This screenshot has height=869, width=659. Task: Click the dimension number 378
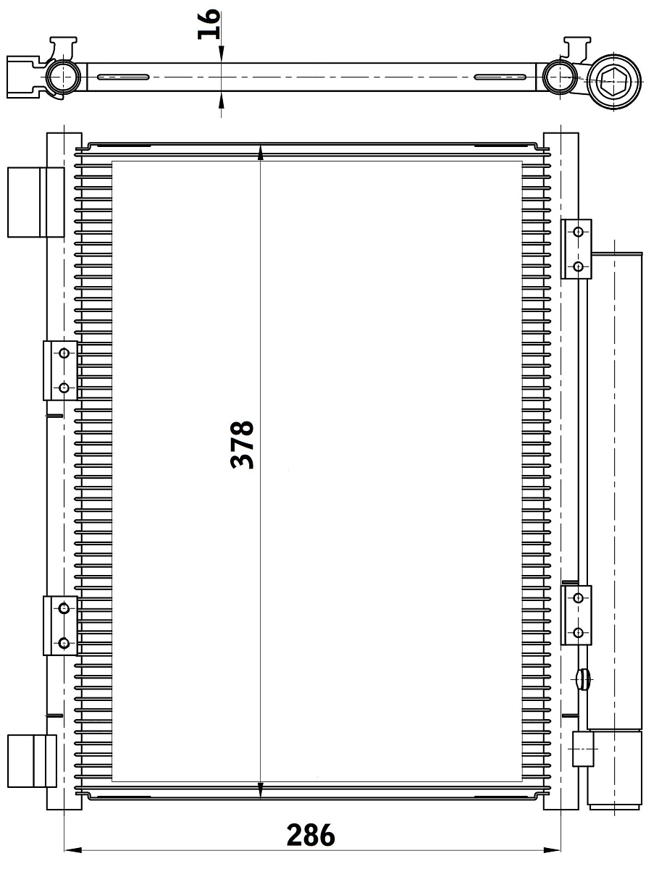[242, 445]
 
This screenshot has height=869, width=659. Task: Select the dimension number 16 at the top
[209, 24]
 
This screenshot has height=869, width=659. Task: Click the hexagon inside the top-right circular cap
[613, 82]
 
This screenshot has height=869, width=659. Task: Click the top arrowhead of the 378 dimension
[261, 152]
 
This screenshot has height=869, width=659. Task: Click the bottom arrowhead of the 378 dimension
[261, 790]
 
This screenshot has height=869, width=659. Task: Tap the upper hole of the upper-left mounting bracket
[64, 353]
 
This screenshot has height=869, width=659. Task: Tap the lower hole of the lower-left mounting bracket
[64, 643]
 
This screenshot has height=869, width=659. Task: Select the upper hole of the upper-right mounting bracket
[579, 232]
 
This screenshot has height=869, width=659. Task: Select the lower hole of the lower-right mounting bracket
[579, 633]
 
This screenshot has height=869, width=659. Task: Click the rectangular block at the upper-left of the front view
[36, 202]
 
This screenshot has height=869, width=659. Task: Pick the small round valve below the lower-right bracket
[584, 680]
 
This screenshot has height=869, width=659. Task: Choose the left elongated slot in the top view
[123, 77]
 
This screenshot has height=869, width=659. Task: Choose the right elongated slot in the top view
[500, 77]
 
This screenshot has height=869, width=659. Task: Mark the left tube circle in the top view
[63, 77]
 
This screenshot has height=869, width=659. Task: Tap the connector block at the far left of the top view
[24, 77]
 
